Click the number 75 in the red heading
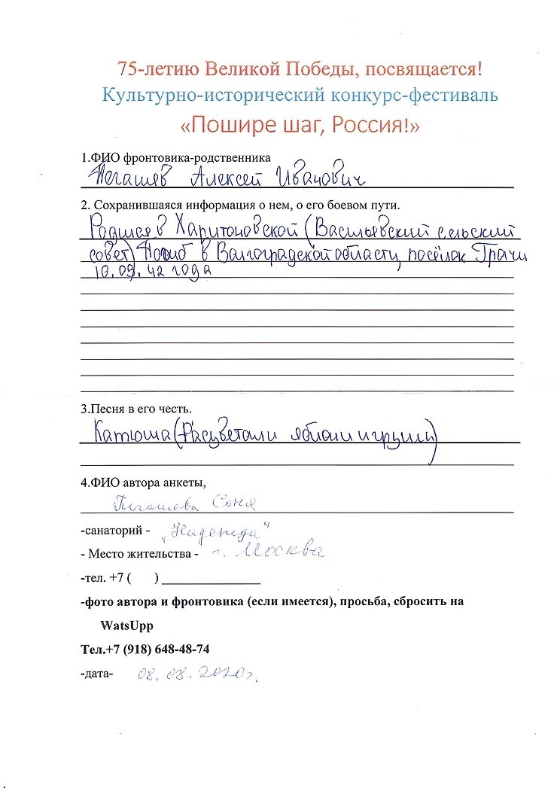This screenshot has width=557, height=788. [x=127, y=69]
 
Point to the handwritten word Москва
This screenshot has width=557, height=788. [x=288, y=554]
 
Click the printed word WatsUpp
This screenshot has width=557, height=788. [x=126, y=625]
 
